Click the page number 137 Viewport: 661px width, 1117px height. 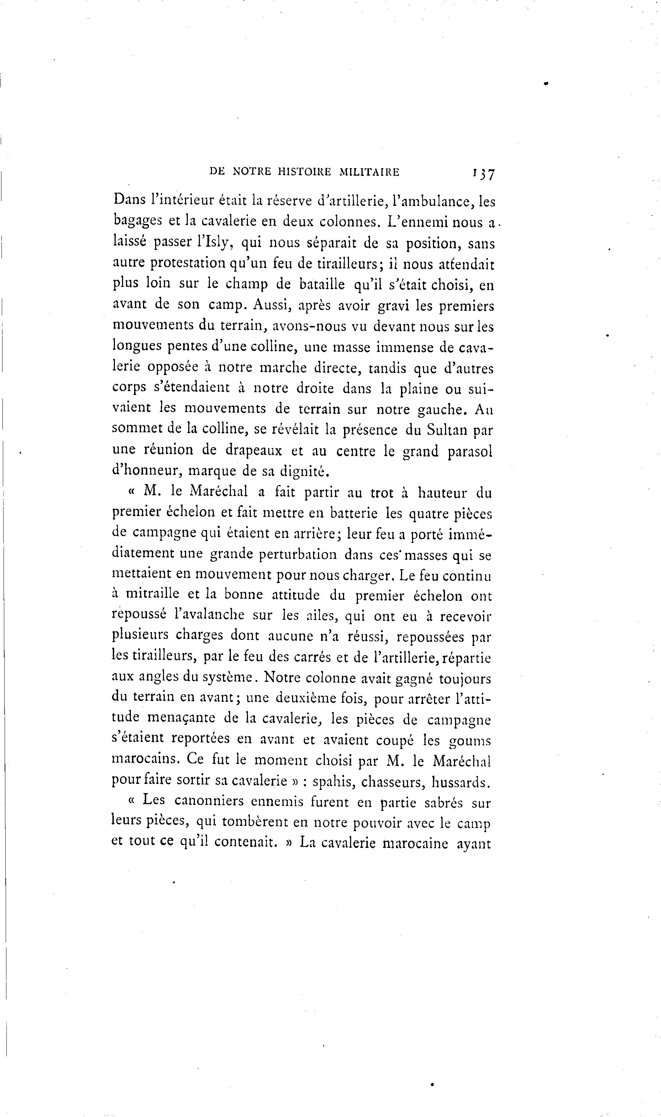tap(484, 173)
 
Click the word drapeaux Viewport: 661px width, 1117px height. tap(253, 450)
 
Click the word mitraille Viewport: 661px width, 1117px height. tap(152, 594)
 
